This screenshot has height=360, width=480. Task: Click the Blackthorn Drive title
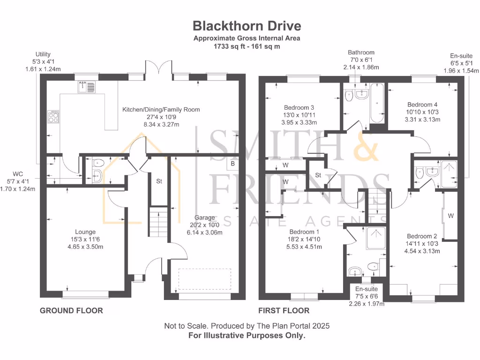(247, 25)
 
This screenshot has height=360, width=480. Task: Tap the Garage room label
(204, 217)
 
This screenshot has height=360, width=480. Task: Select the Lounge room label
(85, 232)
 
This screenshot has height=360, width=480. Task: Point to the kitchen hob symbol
(53, 116)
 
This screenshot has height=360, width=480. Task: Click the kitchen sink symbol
(86, 86)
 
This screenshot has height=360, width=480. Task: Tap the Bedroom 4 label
(422, 104)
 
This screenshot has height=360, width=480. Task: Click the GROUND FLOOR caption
(71, 310)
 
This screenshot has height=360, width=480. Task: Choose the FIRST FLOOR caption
(284, 310)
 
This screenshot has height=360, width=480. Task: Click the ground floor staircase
(158, 220)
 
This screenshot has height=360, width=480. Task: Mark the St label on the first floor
(318, 175)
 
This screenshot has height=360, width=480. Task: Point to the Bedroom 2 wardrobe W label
(450, 216)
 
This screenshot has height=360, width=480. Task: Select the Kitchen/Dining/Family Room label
(161, 110)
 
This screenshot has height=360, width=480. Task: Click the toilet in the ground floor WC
(97, 163)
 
